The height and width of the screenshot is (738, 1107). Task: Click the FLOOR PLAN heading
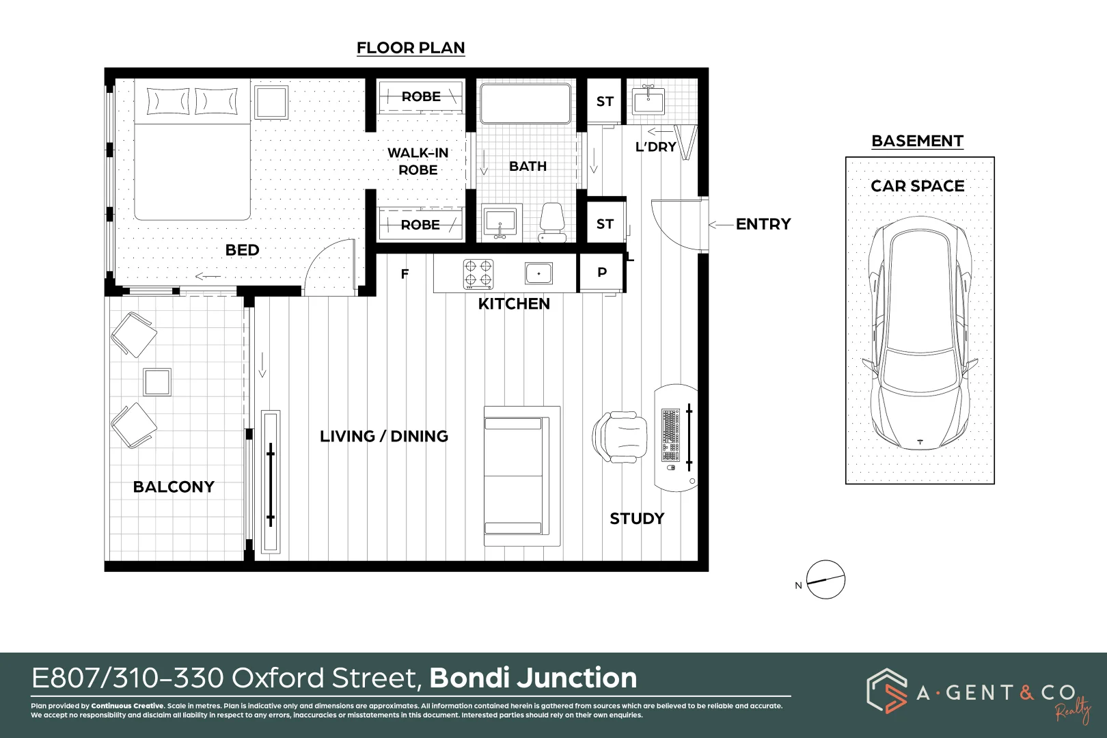click(x=411, y=48)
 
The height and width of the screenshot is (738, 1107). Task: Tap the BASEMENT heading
click(x=917, y=141)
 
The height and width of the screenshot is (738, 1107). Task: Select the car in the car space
click(x=920, y=333)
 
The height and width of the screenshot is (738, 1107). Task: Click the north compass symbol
click(x=825, y=580)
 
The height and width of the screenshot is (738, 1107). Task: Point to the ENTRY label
click(x=763, y=224)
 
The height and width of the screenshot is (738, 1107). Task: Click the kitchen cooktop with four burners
click(x=478, y=273)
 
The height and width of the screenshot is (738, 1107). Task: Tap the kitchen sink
click(x=538, y=273)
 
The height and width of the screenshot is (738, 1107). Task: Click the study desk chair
click(x=619, y=437)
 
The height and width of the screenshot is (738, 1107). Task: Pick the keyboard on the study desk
click(x=670, y=435)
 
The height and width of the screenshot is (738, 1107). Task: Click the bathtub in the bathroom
click(x=525, y=103)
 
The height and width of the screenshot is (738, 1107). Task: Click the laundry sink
click(x=648, y=101)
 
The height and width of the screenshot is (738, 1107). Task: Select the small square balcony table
click(x=157, y=382)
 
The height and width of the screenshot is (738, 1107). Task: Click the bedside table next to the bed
click(x=272, y=102)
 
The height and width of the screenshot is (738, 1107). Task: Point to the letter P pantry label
click(x=602, y=272)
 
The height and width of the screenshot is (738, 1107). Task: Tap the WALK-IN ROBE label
click(x=418, y=161)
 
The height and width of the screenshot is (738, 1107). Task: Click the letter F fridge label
click(x=405, y=274)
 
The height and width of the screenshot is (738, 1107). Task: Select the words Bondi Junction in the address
click(x=533, y=678)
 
